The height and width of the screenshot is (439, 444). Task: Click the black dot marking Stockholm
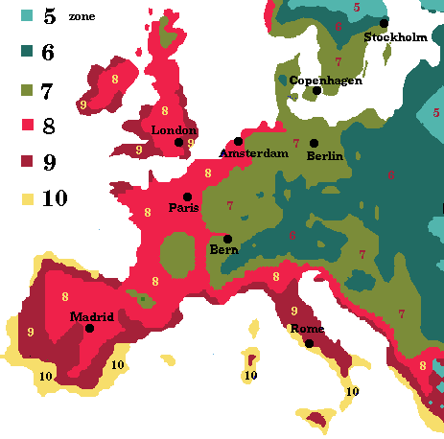[384, 23]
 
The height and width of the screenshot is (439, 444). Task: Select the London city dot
[178, 142]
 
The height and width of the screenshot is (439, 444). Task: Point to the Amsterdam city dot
[239, 141]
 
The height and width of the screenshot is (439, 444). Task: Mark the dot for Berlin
[314, 143]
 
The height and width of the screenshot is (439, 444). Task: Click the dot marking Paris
[187, 196]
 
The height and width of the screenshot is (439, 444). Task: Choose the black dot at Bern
[227, 239]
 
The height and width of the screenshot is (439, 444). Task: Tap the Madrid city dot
[90, 328]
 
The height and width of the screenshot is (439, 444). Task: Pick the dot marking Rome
[309, 343]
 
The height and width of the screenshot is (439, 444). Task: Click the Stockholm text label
[395, 37]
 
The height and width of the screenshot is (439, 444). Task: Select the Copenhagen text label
[326, 80]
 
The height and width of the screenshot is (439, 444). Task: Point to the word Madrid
[92, 316]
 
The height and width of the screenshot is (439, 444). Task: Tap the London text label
[175, 130]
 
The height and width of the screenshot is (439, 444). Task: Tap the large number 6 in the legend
[47, 53]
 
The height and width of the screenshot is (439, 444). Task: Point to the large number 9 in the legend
[47, 162]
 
